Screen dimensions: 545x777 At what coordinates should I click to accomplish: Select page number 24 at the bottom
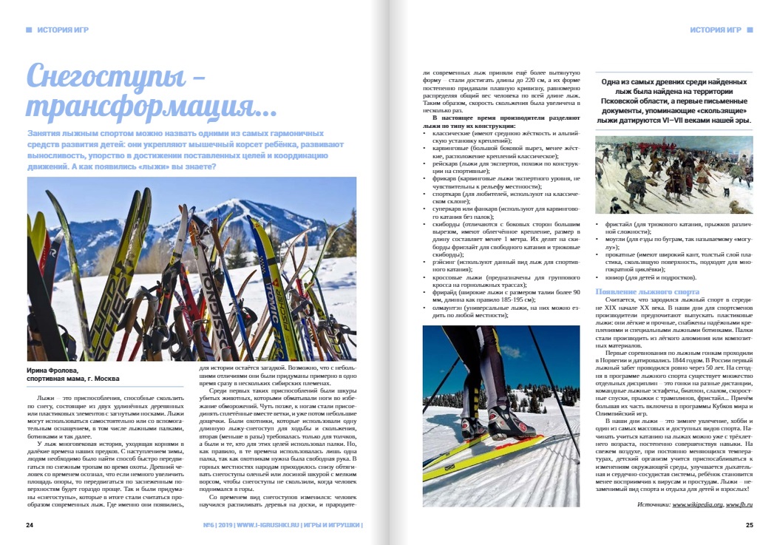30,526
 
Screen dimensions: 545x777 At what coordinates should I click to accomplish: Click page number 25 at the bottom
748,526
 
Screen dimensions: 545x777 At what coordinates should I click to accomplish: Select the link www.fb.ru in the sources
739,504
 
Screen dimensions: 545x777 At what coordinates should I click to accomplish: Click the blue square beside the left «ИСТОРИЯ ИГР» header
29,30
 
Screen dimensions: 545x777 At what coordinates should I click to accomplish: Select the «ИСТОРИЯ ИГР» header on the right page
715,30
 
